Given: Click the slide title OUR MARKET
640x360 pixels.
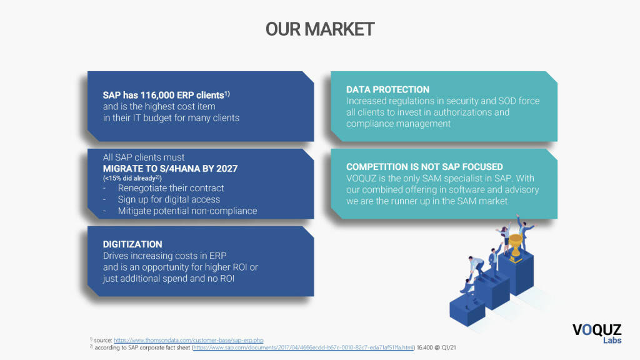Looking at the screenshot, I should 319,29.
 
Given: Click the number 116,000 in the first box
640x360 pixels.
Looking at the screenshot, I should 156,95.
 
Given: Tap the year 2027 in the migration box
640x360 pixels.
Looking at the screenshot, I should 226,169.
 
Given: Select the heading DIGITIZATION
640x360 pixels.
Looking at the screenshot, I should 132,244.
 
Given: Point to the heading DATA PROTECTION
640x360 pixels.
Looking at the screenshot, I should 387,89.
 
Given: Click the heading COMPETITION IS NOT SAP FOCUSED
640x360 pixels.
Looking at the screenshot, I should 424,167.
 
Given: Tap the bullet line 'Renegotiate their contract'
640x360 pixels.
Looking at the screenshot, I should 171,188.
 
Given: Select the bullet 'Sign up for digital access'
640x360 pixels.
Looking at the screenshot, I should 169,199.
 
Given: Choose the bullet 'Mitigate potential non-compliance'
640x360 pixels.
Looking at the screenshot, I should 187,211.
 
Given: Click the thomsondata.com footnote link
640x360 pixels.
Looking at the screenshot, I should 189,340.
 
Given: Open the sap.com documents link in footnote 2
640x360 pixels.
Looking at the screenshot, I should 304,347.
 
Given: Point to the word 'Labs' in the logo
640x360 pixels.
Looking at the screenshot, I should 611,341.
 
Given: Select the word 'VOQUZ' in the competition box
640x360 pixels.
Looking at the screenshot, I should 361,178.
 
